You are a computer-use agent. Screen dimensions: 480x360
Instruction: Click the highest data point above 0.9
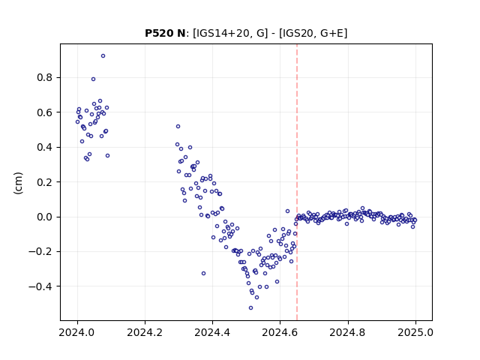[x=103, y=56]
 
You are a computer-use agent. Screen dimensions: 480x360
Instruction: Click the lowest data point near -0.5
[x=250, y=308]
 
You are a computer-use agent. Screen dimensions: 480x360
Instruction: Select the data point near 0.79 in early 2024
[x=93, y=79]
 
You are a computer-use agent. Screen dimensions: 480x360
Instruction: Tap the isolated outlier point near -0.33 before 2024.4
[x=203, y=273]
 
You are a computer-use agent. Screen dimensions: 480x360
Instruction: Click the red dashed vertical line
[x=297, y=182]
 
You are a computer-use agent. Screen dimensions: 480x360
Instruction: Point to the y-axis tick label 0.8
[x=45, y=78]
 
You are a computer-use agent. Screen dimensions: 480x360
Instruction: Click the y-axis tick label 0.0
[x=45, y=217]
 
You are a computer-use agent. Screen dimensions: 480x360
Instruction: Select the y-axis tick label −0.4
[x=40, y=286]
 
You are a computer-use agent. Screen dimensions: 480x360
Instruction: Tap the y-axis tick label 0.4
[x=45, y=147]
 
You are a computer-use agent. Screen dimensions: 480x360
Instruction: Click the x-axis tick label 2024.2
[x=145, y=332]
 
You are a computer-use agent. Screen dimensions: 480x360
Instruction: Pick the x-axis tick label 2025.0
[x=415, y=332]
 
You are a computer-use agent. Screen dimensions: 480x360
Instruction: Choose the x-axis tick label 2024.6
[x=280, y=332]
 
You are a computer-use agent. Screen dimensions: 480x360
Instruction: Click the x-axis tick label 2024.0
[x=76, y=332]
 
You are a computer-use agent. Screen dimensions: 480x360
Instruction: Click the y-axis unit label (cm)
[x=18, y=183]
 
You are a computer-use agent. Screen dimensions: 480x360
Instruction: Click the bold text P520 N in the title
[x=165, y=33]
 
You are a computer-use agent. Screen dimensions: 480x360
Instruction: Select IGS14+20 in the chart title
[x=221, y=33]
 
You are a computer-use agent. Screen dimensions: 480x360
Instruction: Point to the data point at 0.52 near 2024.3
[x=178, y=127]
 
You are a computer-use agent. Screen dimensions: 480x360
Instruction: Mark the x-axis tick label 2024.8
[x=347, y=332]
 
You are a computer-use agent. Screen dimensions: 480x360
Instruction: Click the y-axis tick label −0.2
[x=40, y=252]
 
